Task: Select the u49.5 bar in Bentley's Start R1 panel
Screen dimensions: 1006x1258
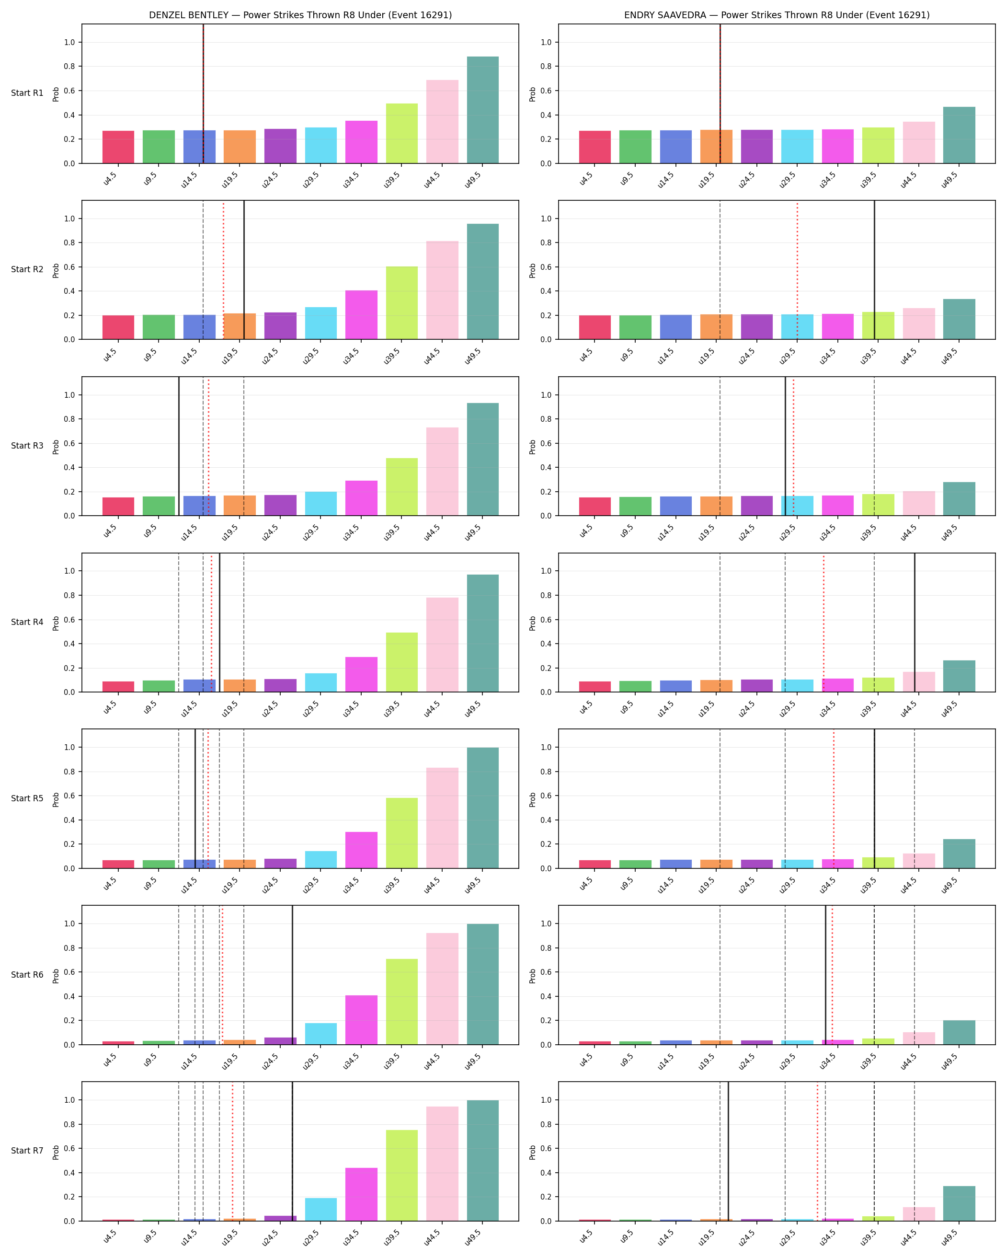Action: (483, 110)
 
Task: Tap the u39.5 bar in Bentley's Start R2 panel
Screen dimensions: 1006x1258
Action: (402, 303)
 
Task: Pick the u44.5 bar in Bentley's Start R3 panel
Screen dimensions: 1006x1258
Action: (442, 472)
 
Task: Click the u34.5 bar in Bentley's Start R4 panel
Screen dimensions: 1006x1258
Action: (362, 674)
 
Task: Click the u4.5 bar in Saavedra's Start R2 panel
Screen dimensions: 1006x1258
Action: (595, 327)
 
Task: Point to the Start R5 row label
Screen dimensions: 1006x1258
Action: (27, 798)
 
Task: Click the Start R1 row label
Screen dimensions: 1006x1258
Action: (27, 93)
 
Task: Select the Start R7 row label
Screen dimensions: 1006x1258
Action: (27, 1151)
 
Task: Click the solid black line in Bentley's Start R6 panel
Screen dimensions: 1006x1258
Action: (292, 975)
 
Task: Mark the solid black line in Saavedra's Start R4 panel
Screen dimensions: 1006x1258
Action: (915, 623)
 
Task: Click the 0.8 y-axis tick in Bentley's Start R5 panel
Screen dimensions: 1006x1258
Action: (70, 772)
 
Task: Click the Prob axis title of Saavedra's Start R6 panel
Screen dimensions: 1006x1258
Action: (532, 976)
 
